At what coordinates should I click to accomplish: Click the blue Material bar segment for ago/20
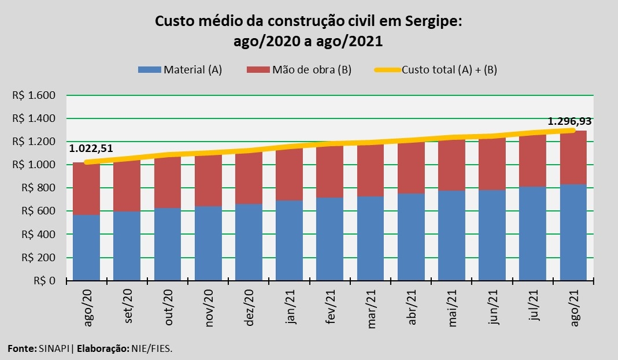pos(87,247)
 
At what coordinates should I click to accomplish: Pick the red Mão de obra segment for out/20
pos(168,182)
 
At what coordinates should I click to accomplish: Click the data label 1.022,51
pos(91,149)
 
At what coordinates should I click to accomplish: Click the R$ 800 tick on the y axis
pos(39,188)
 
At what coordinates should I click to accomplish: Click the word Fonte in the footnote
pos(20,348)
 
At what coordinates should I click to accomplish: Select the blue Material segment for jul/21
pos(532,233)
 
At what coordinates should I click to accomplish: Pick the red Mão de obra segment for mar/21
pos(370,170)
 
